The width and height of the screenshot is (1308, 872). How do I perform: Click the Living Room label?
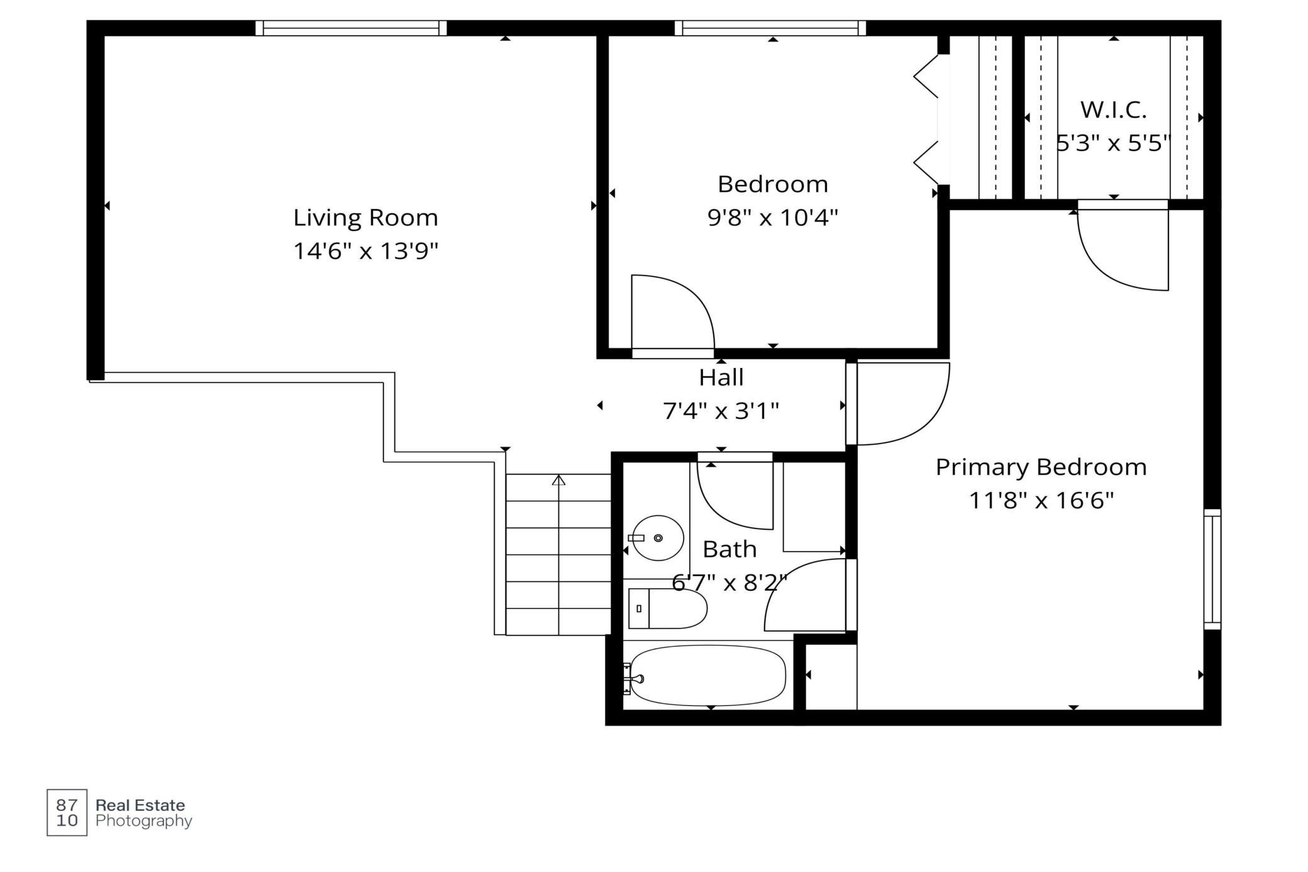[x=365, y=218]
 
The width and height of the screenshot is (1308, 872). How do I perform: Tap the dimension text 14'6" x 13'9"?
[x=365, y=251]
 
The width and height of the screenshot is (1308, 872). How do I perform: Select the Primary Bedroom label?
[x=1041, y=467]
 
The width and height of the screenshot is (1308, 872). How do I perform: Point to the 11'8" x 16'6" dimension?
[x=1041, y=501]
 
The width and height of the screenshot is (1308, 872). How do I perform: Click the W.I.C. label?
[x=1113, y=110]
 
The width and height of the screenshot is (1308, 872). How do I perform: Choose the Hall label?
[x=721, y=377]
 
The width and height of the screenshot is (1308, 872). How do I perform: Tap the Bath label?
[x=729, y=549]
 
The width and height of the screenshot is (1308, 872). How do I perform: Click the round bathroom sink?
[x=658, y=538]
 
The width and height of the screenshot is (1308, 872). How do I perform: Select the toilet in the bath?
[x=668, y=608]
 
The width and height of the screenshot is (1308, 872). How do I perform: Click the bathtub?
[x=707, y=676]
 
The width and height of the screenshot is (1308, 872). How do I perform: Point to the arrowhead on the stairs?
[x=558, y=480]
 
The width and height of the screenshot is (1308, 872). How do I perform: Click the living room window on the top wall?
[x=351, y=28]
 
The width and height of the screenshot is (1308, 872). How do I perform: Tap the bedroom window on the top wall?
[x=770, y=28]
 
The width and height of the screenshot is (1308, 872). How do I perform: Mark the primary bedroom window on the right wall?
[x=1212, y=569]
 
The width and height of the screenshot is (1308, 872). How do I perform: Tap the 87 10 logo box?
[x=67, y=812]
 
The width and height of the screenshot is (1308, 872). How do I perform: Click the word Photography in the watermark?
[x=144, y=821]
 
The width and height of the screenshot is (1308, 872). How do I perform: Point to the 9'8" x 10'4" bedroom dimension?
[x=773, y=218]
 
